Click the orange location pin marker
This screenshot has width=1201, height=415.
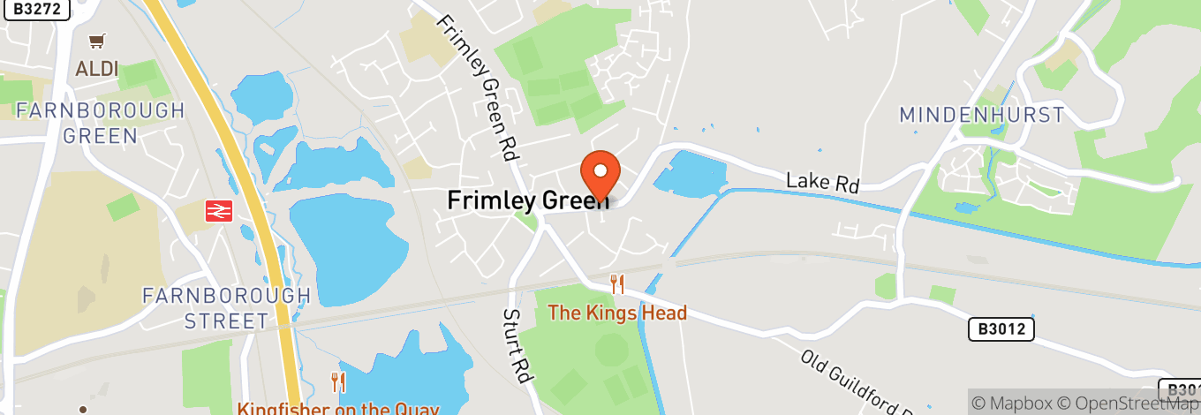point(600,173)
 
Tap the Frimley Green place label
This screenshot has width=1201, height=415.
point(527,200)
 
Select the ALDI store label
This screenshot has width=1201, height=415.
point(97,69)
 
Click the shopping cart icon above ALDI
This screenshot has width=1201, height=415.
point(97,41)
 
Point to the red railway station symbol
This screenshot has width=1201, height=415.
point(218,211)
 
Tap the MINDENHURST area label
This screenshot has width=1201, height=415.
point(982,115)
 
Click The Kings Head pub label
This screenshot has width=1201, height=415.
point(617,313)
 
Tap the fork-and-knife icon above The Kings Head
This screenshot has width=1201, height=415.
point(617,284)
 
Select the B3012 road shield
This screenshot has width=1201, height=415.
point(1001,329)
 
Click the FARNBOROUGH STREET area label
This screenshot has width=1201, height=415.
point(226,308)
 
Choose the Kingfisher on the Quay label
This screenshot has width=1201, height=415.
point(337,409)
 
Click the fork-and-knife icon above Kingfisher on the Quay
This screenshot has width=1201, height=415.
point(337,382)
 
